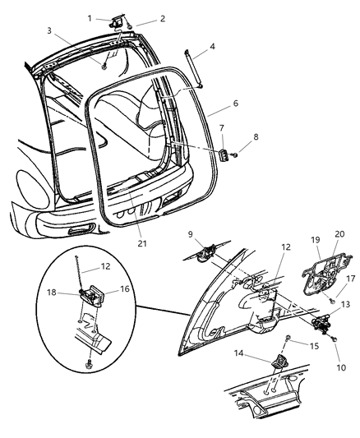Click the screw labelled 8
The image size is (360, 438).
point(236,155)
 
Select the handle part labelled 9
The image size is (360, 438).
point(206,252)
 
